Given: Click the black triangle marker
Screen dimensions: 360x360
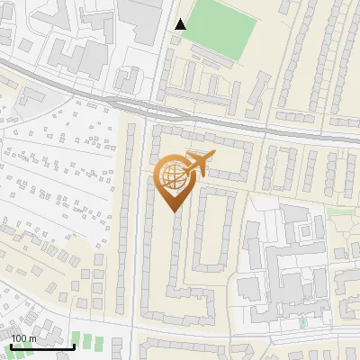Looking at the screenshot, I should pyautogui.click(x=181, y=24).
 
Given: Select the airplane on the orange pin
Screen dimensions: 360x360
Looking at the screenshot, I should pyautogui.click(x=196, y=164).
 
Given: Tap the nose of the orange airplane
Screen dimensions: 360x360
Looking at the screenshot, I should pyautogui.click(x=214, y=155).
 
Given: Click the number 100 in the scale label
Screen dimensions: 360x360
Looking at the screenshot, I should pyautogui.click(x=19, y=338).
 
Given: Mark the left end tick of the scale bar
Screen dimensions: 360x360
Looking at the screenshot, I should pyautogui.click(x=12, y=346).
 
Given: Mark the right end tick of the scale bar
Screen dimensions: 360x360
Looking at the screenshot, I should pyautogui.click(x=74, y=346).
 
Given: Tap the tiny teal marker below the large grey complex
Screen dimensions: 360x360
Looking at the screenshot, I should pyautogui.click(x=302, y=321).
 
